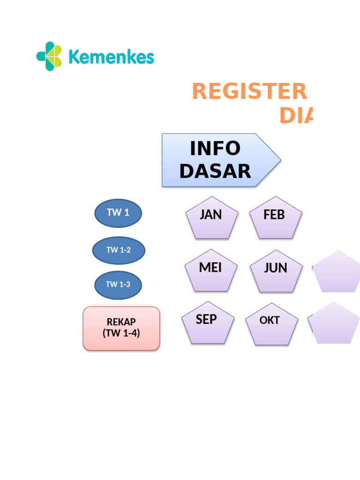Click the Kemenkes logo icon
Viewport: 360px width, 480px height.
[x=49, y=56]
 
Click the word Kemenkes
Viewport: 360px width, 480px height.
[x=111, y=57]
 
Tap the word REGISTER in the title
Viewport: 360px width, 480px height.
[x=249, y=91]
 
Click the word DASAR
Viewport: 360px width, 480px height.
[x=215, y=172]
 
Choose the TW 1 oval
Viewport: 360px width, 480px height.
[x=118, y=213]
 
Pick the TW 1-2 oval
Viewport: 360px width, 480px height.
[x=119, y=250]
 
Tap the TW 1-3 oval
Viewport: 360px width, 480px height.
[x=118, y=285]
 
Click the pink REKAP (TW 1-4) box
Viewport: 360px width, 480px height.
[x=121, y=328]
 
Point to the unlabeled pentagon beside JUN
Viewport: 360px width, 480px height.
[x=336, y=273]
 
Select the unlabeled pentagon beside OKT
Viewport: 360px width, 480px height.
[x=335, y=324]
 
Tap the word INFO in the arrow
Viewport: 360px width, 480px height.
[x=215, y=149]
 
